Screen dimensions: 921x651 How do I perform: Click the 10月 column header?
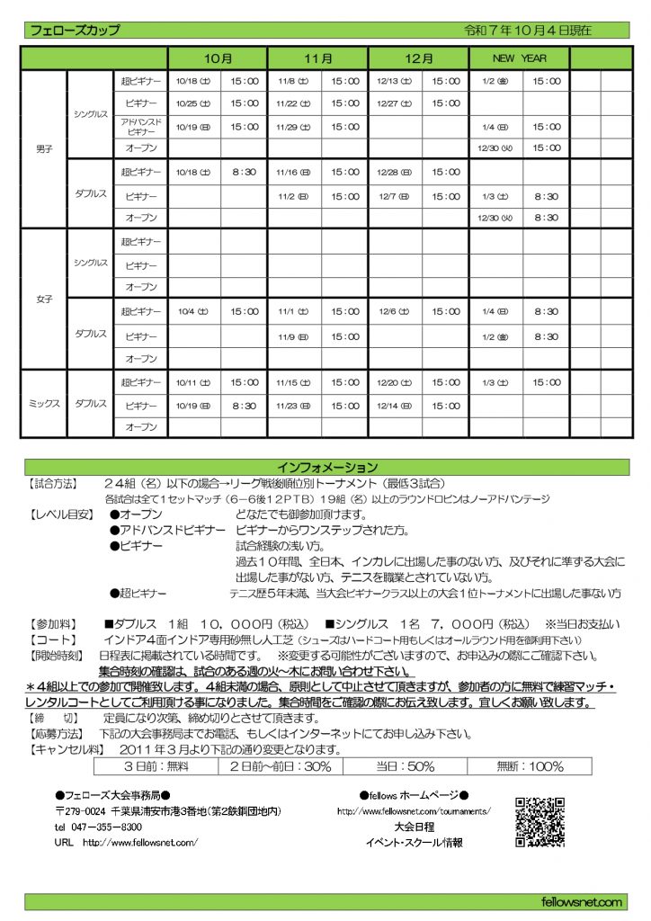217,58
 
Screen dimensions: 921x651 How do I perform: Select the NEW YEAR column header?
519,58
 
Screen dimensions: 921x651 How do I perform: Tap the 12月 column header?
418,58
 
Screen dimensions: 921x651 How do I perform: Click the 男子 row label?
43,149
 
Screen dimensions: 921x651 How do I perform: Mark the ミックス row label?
43,405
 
